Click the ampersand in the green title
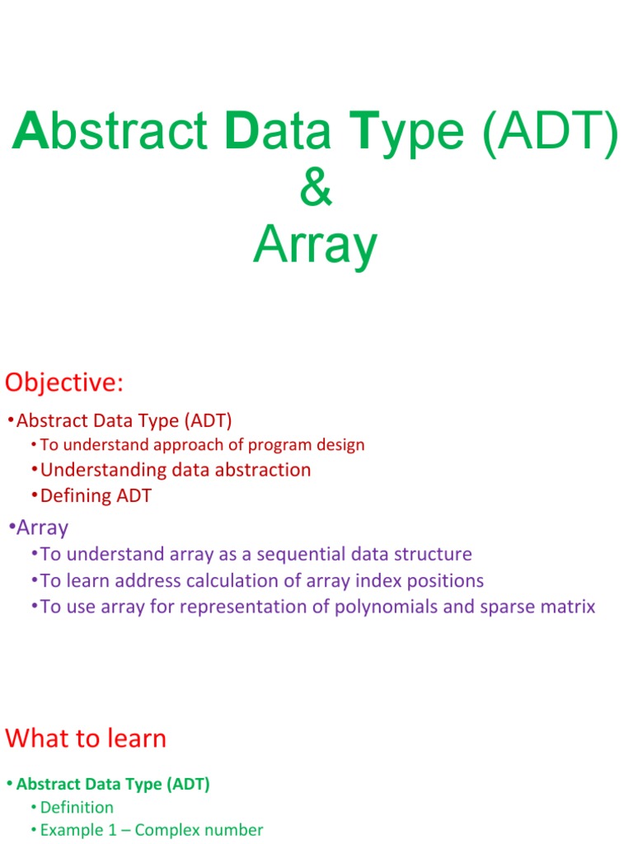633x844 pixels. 316,189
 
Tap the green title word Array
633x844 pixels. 316,245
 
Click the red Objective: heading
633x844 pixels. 64,382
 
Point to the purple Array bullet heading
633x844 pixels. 42,527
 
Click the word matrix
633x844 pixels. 569,607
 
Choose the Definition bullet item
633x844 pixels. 77,807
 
